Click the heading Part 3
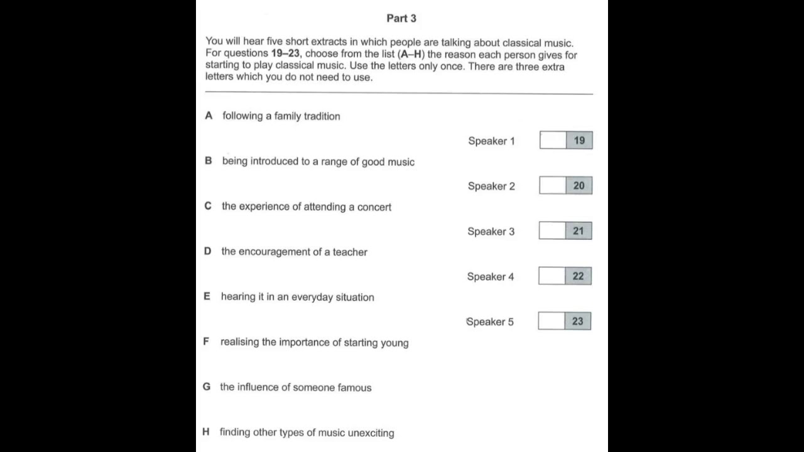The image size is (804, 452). tap(401, 18)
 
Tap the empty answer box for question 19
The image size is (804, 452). tap(553, 141)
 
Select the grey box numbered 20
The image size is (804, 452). tap(579, 186)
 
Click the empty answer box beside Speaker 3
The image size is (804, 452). tap(552, 231)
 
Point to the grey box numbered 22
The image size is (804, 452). tap(578, 276)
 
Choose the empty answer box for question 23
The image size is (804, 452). tap(551, 321)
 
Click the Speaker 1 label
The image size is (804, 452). tap(491, 141)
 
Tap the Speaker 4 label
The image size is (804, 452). tap(490, 277)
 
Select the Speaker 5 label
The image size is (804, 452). tap(490, 322)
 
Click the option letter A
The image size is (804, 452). tap(209, 116)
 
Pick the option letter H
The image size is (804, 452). tap(206, 432)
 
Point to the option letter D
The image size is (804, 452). tap(207, 251)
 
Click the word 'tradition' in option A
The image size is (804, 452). tap(322, 116)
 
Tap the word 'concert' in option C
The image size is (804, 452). tap(374, 207)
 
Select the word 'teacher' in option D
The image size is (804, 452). tap(350, 252)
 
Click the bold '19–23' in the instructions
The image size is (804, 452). tap(285, 55)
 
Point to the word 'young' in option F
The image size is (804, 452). tap(394, 343)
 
